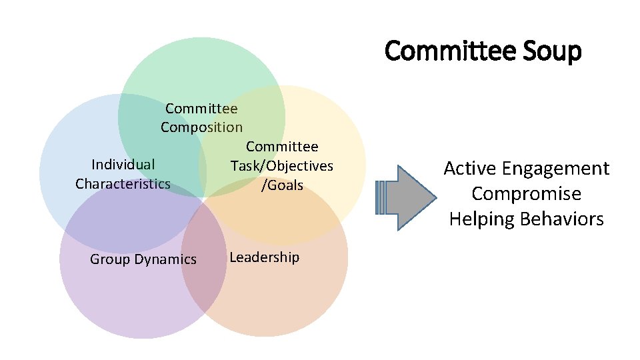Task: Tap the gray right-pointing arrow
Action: (410, 198)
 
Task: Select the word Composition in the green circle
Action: (201, 127)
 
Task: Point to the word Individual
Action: (123, 165)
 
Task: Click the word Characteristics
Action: (123, 184)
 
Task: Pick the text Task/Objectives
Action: (281, 166)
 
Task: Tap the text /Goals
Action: (283, 185)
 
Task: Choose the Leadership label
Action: (264, 257)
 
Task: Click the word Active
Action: (470, 169)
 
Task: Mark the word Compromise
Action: (526, 194)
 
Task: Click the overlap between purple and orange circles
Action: (204, 263)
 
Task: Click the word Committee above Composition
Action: (201, 108)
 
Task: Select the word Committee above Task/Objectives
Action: (282, 147)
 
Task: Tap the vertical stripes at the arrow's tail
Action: (382, 198)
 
